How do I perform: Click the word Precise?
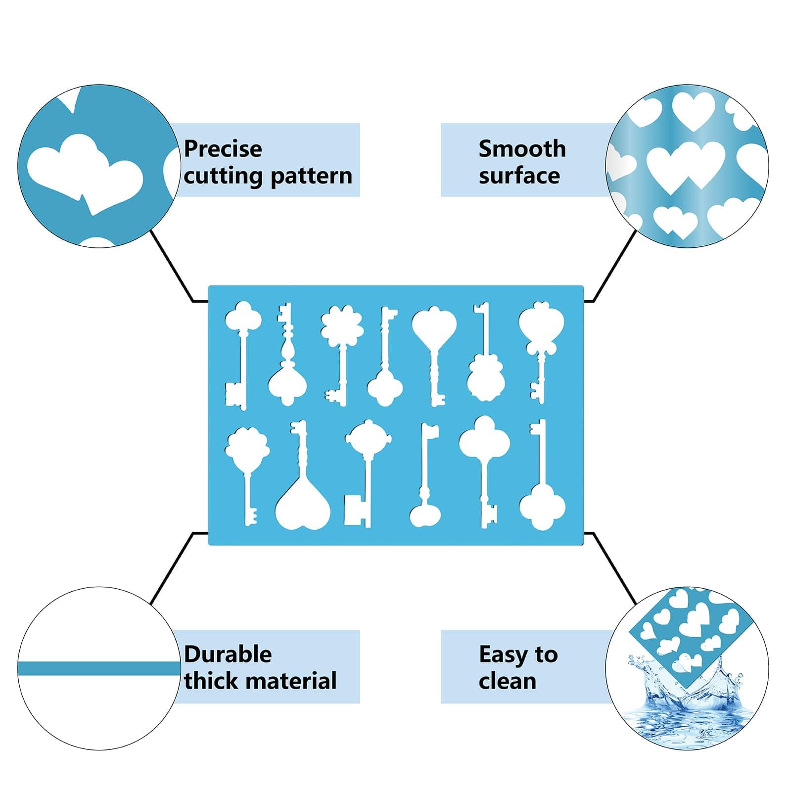point(223,149)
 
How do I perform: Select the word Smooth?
point(522,148)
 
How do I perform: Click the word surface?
point(519,176)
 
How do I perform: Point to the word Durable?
point(228,654)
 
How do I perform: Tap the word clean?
point(507,681)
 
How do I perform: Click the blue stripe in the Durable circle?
point(99,669)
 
